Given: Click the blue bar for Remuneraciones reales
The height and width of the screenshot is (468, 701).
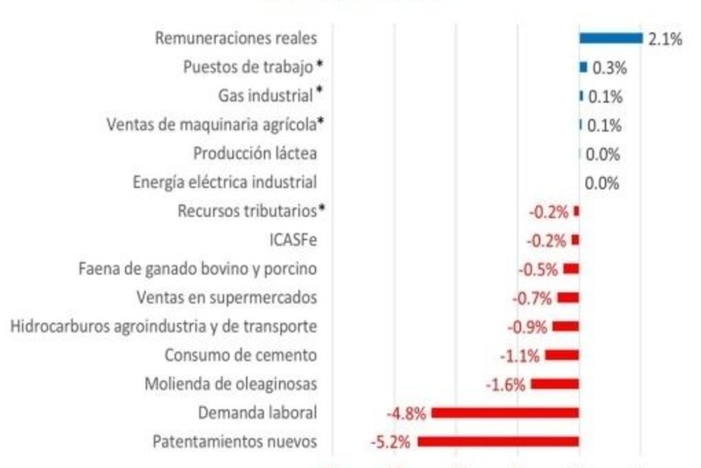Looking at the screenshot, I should pyautogui.click(x=610, y=38).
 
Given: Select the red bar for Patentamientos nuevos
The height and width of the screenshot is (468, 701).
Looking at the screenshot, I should pyautogui.click(x=498, y=441).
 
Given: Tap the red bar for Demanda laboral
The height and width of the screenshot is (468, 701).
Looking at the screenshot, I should pyautogui.click(x=505, y=413).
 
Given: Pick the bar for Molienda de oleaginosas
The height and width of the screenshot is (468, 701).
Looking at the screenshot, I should pyautogui.click(x=554, y=384).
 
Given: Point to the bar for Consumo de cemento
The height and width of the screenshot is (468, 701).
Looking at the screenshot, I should pyautogui.click(x=562, y=355).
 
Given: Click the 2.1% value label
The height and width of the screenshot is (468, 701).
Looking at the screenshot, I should pyautogui.click(x=665, y=39).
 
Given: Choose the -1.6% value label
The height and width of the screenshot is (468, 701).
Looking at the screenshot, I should pyautogui.click(x=506, y=384).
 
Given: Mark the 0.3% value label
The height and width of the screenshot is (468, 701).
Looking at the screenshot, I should pyautogui.click(x=609, y=68).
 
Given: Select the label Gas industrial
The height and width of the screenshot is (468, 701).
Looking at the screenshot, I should pyautogui.click(x=265, y=96).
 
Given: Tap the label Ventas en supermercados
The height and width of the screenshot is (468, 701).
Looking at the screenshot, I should pyautogui.click(x=226, y=298).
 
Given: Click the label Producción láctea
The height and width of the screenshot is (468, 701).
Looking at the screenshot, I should pyautogui.click(x=255, y=153).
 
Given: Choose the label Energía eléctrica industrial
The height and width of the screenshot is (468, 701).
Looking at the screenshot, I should pyautogui.click(x=225, y=182).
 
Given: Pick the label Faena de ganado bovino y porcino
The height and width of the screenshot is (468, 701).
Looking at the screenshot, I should pyautogui.click(x=197, y=269).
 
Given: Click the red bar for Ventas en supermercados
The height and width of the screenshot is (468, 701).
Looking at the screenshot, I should pyautogui.click(x=568, y=298).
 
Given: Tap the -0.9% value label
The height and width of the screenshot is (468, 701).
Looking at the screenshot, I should pyautogui.click(x=527, y=327).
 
